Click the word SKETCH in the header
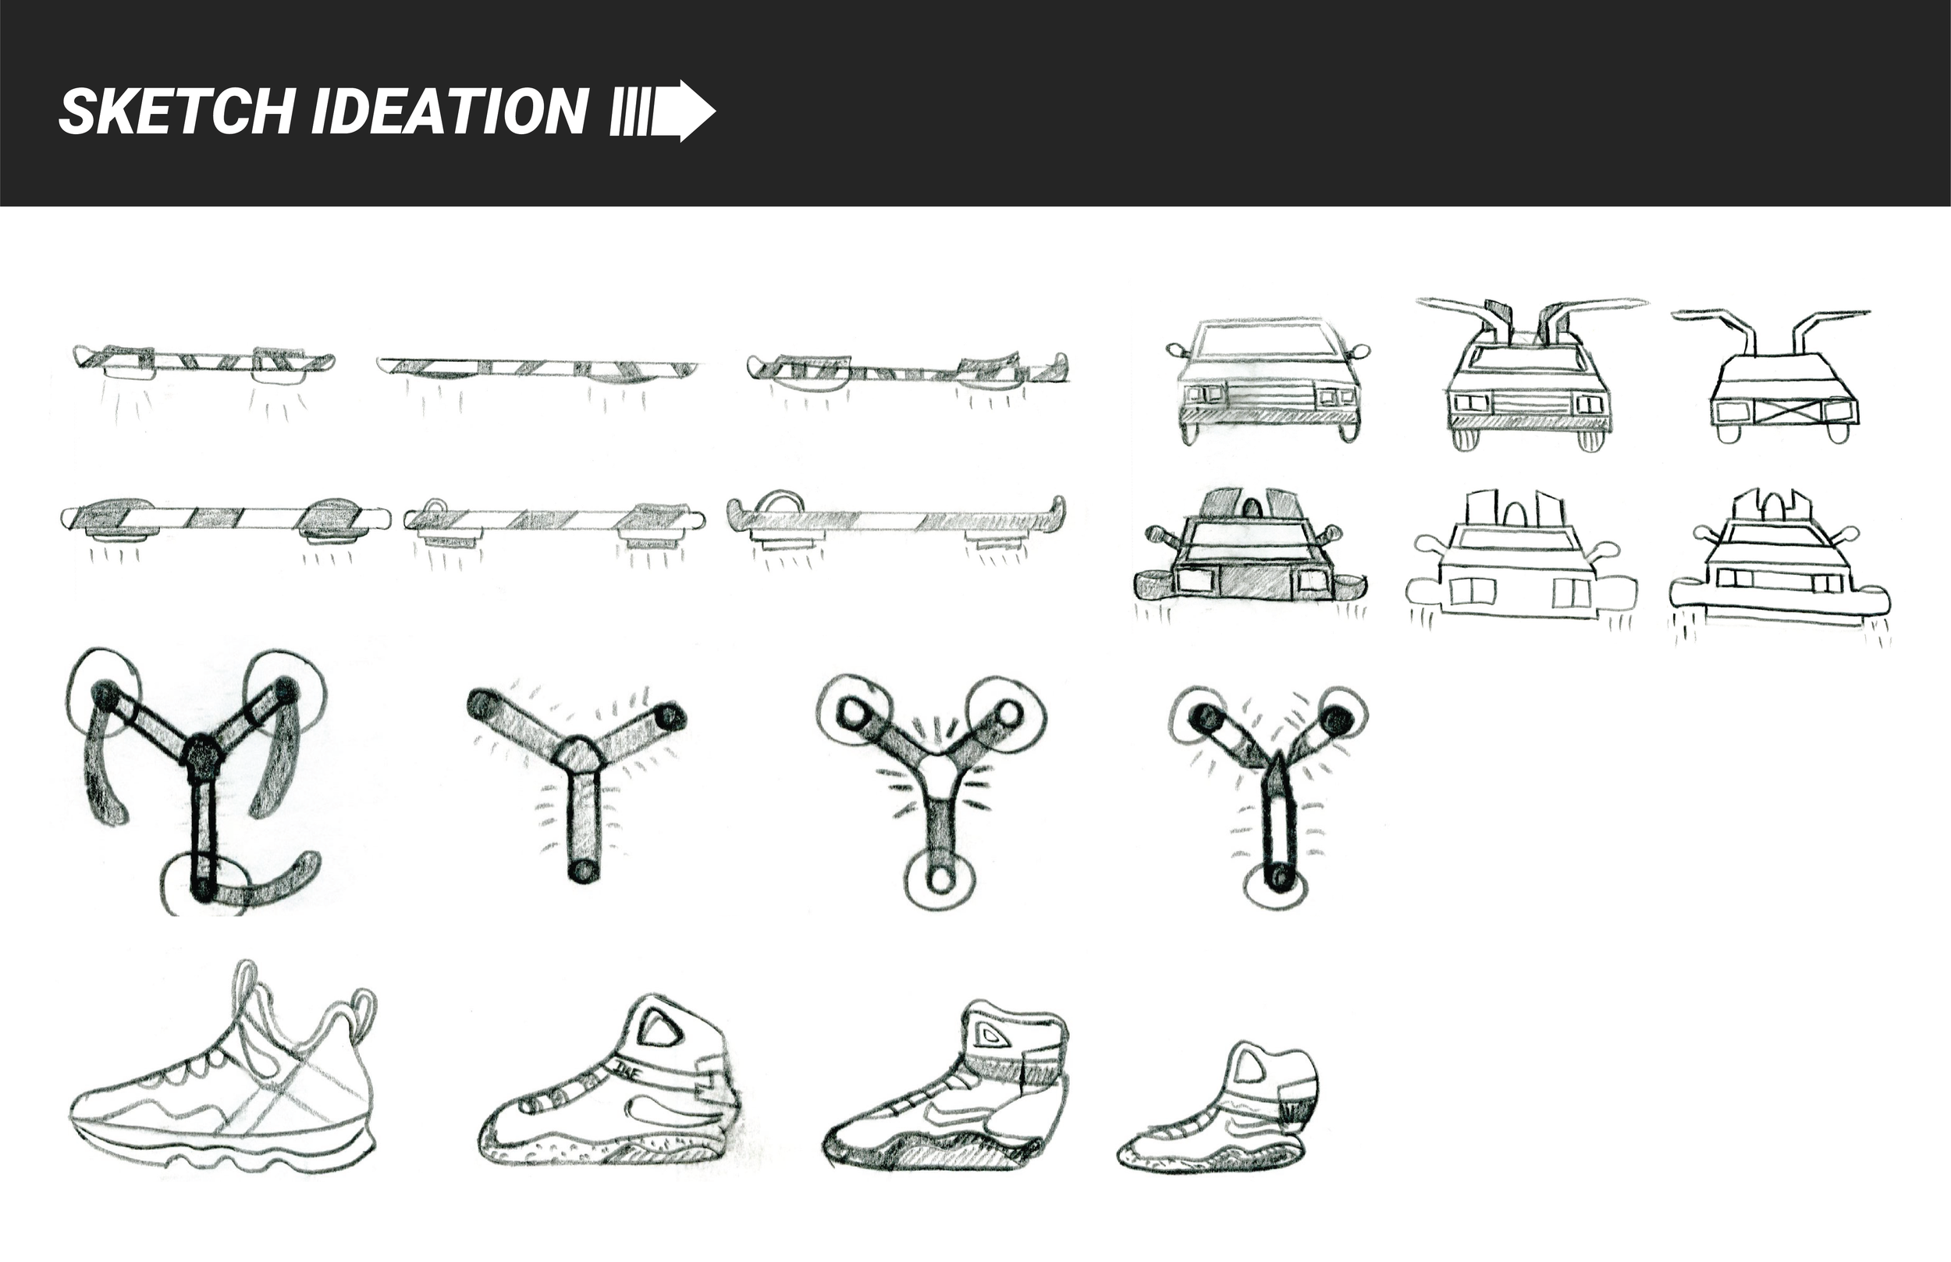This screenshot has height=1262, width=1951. point(176,112)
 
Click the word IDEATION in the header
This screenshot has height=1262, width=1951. point(450,112)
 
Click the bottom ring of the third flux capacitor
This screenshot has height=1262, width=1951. point(940,881)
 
